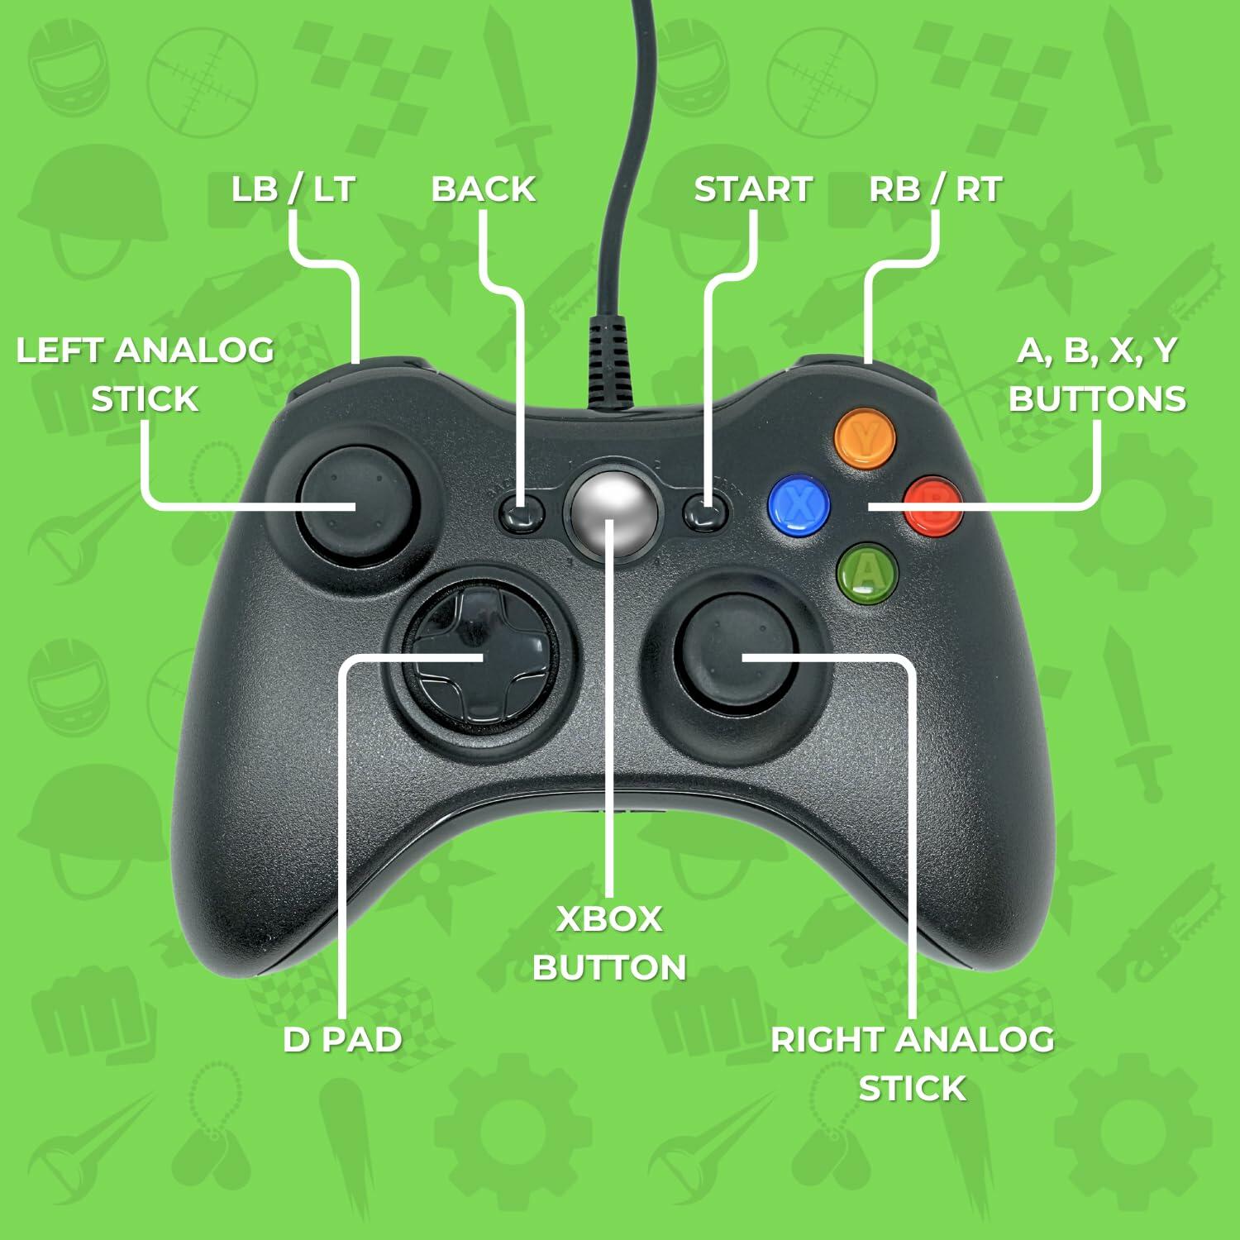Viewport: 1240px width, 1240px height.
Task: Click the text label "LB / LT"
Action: [293, 189]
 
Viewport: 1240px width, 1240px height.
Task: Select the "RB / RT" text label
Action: [935, 189]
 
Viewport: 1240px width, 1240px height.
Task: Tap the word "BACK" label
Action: [484, 189]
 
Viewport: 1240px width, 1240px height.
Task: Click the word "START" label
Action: [753, 189]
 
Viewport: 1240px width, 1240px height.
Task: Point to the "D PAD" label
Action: [342, 1039]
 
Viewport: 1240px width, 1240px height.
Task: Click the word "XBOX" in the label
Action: [609, 919]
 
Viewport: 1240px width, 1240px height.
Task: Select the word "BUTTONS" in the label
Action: [1097, 399]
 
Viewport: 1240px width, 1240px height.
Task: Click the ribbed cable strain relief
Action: [613, 364]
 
